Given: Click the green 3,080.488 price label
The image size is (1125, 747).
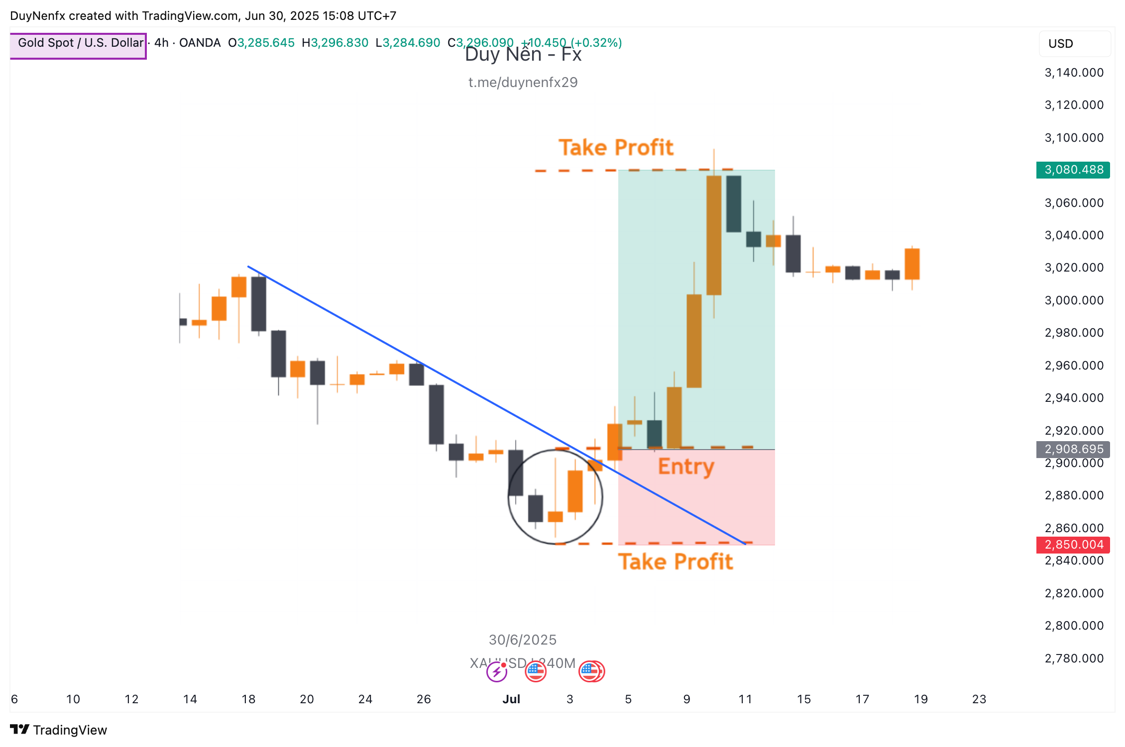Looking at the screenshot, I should point(1073,170).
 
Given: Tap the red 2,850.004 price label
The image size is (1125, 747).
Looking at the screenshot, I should point(1073,545).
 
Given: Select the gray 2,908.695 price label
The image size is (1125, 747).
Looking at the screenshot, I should point(1073,449).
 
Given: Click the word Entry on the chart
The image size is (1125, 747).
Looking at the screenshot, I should point(686,467).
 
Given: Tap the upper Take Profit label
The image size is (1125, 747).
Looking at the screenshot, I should point(616,148).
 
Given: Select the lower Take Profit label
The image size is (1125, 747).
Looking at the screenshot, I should point(675,562).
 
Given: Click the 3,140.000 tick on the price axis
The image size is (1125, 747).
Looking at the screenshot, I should point(1074,73).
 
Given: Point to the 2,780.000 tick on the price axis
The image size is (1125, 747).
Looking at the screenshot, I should point(1074,658).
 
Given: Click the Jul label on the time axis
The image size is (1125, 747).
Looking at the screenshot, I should point(511,699).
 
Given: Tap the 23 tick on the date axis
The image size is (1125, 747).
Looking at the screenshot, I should point(979,699).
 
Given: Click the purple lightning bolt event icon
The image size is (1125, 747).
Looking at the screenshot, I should point(496,672).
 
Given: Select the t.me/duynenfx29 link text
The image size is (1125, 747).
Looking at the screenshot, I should point(523,83).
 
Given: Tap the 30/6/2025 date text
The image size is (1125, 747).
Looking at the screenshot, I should point(523,640).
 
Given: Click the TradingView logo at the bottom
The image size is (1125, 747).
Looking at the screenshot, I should point(59,730).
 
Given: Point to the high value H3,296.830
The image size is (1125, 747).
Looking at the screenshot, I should point(335,43).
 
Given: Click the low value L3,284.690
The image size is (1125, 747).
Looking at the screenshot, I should point(408,43).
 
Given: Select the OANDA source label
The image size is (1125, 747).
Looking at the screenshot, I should point(200,43).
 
